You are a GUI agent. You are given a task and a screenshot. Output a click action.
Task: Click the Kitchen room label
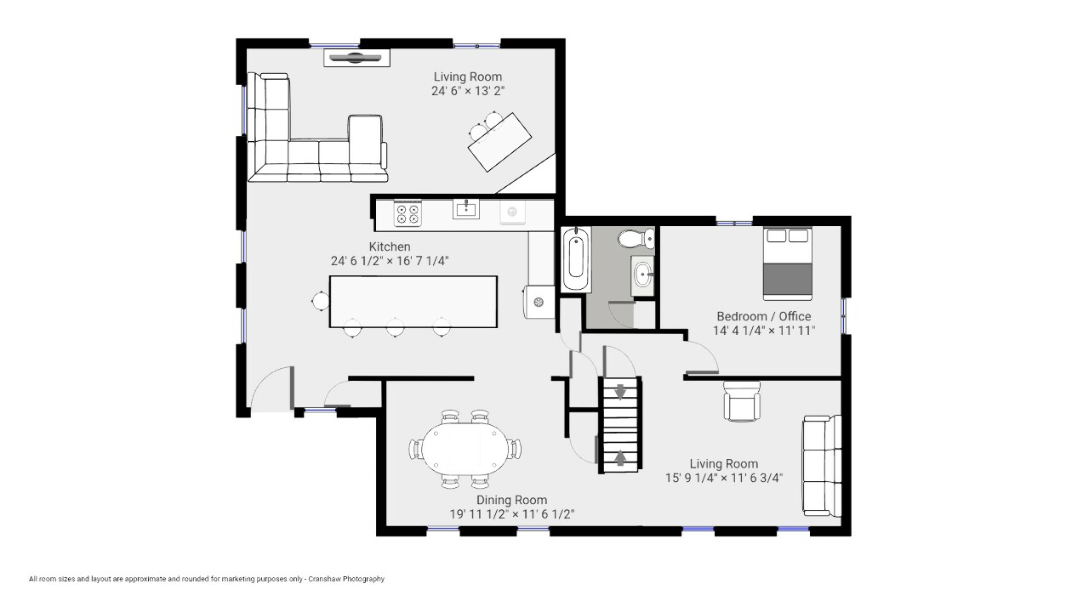tap(390, 246)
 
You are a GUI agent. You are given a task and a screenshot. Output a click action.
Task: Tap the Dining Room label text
tap(511, 500)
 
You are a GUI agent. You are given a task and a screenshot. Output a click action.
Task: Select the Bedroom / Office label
tap(764, 316)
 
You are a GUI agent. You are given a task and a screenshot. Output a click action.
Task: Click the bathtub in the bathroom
tap(576, 259)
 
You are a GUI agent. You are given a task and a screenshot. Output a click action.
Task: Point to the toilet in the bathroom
tap(636, 239)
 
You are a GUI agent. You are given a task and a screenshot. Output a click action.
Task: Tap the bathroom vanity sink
tap(642, 276)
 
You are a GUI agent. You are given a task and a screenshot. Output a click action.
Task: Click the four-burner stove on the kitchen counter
tap(408, 213)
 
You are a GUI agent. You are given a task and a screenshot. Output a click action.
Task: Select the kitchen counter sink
tap(466, 209)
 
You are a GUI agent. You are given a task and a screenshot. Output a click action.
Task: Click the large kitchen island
tap(413, 302)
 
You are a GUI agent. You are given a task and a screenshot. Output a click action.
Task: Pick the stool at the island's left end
tap(321, 301)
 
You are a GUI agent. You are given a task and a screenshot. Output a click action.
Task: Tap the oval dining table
tap(465, 449)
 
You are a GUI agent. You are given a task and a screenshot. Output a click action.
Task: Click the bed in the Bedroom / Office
tap(788, 263)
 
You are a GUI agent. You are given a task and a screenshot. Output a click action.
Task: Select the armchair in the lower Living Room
tap(741, 401)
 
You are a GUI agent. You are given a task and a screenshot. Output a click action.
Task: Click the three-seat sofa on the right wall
tap(822, 466)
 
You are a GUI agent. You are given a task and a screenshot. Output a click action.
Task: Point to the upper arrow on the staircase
tap(620, 391)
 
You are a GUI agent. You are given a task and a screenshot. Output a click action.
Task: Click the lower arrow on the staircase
tap(620, 458)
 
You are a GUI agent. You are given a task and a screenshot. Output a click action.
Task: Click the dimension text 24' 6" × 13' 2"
tap(468, 91)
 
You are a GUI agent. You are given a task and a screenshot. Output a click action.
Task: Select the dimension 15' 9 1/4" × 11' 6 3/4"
tap(724, 478)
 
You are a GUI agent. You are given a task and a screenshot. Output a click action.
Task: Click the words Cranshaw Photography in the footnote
tap(346, 579)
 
